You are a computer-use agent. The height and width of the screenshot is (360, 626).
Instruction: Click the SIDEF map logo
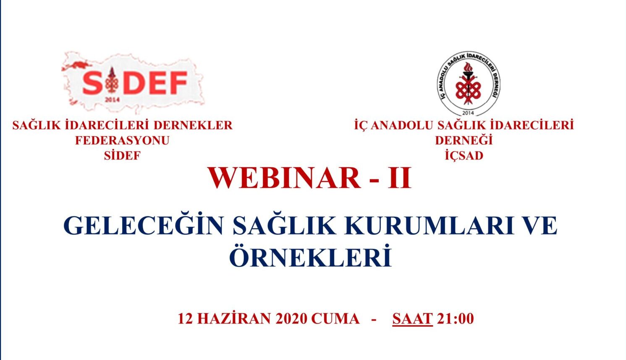[133, 83]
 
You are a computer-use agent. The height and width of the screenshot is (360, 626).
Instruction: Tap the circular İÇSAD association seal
[469, 84]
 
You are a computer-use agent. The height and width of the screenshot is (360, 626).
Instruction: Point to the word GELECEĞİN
[144, 226]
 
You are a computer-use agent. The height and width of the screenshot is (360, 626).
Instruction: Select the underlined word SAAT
[412, 319]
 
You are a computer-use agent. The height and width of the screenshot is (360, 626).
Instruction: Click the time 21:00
[456, 319]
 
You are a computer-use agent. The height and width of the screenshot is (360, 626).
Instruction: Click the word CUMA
[335, 319]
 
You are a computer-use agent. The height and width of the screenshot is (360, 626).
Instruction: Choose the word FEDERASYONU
[123, 141]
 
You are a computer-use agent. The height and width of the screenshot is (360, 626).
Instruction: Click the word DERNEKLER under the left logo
[193, 126]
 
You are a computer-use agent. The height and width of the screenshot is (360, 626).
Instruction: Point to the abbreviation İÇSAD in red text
[464, 155]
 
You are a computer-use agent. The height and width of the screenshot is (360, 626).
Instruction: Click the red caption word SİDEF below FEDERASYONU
[123, 156]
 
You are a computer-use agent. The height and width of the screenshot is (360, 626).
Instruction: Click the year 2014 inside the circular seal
[469, 113]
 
